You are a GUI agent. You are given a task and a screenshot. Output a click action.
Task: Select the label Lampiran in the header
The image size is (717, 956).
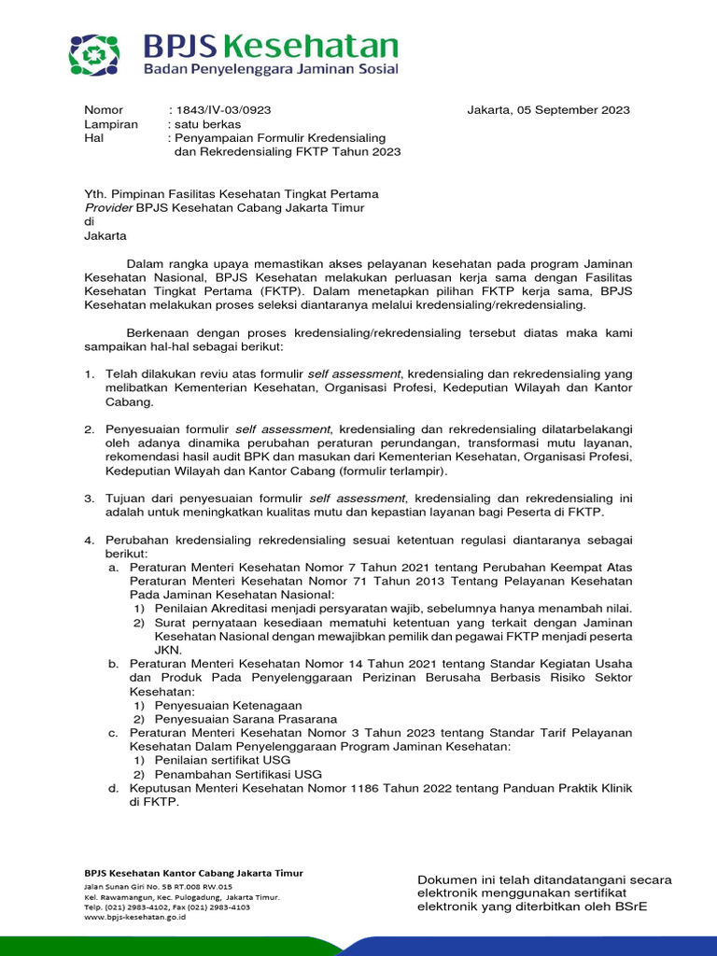pyautogui.click(x=111, y=124)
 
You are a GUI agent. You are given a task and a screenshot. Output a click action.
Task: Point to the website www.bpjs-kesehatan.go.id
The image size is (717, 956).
pyautogui.click(x=135, y=918)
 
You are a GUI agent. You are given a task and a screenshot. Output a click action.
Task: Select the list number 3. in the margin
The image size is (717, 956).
pyautogui.click(x=90, y=499)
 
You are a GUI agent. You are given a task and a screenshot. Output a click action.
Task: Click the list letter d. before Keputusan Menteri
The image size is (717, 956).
pyautogui.click(x=113, y=789)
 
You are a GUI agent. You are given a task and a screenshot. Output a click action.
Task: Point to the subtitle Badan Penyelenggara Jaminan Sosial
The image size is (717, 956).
pyautogui.click(x=271, y=69)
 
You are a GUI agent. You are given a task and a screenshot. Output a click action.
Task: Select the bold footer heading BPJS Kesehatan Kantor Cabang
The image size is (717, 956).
pyautogui.click(x=193, y=873)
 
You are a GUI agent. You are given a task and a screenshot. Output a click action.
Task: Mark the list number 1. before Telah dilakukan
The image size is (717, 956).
pyautogui.click(x=90, y=373)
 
